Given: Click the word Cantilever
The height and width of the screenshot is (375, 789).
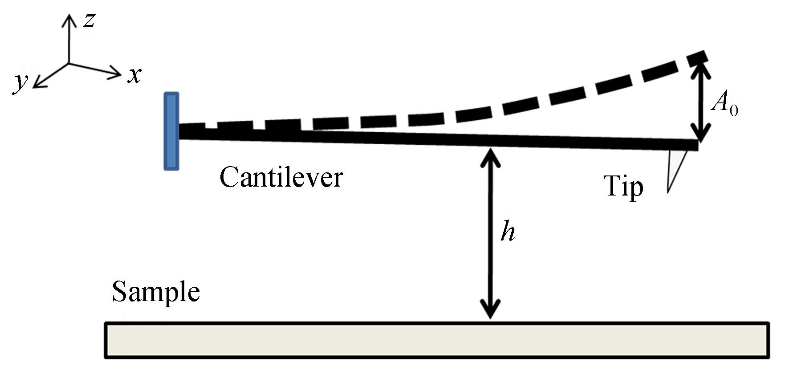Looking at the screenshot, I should [281, 178].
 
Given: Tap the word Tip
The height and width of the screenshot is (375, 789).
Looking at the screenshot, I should [623, 186].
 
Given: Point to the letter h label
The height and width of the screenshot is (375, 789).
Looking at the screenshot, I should [508, 232].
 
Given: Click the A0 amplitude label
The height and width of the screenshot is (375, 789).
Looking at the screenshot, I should [724, 104].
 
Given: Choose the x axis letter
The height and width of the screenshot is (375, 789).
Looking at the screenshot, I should [134, 76].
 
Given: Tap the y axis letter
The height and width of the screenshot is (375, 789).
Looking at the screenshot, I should [20, 82].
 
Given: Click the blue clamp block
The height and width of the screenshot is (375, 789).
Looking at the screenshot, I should [171, 131].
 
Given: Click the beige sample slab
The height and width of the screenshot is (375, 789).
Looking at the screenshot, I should [436, 340].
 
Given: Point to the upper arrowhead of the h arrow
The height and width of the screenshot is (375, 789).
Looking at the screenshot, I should [490, 154].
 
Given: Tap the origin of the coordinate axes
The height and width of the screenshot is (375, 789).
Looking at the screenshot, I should [69, 63].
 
